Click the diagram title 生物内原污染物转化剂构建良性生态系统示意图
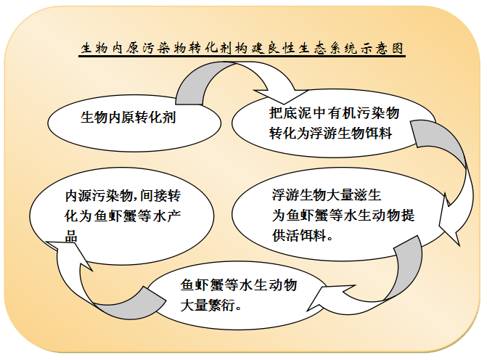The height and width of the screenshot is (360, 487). click(242, 49)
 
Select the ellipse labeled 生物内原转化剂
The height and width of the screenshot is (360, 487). click(134, 123)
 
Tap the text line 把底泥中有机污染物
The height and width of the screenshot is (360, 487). click(334, 112)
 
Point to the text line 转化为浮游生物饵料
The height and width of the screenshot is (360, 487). click(330, 134)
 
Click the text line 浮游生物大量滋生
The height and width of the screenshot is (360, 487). click(327, 195)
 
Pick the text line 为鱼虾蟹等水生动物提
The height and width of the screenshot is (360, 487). click(343, 216)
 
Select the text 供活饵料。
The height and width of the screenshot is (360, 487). click(303, 235)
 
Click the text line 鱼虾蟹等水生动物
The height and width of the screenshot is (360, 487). click(239, 285)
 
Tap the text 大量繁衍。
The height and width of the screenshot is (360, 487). click(211, 306)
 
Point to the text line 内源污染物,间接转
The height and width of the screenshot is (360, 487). click(123, 196)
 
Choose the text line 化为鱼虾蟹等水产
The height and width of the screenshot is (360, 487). click(123, 216)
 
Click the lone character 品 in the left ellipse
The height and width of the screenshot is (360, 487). click(71, 236)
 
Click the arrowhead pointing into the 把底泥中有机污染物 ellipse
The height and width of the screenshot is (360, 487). click(281, 95)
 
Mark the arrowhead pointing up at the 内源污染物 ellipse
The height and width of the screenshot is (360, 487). click(70, 253)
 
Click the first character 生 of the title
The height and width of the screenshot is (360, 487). click(86, 49)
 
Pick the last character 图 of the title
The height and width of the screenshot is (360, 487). click(398, 49)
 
